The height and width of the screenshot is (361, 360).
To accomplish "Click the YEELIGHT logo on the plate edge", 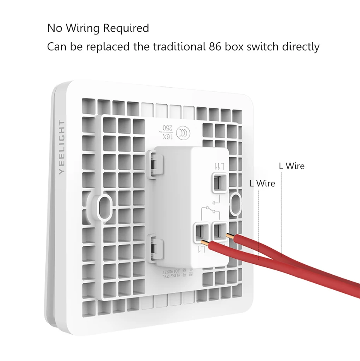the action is click(x=62, y=149).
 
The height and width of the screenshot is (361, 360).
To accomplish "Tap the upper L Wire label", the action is click(x=291, y=166).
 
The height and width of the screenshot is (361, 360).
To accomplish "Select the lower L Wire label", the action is click(x=262, y=184).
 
